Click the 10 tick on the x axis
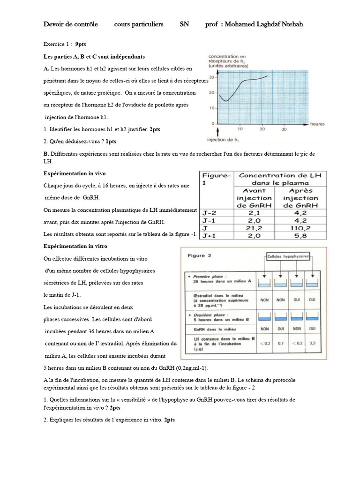(x=240, y=129)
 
